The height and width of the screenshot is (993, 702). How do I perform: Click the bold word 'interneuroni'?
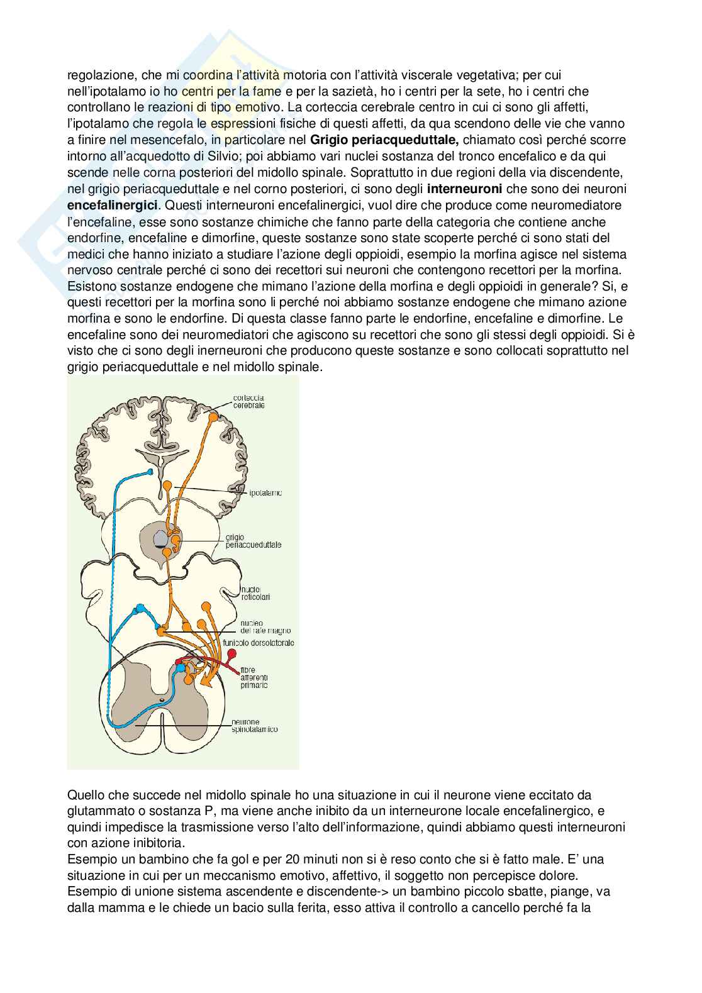(x=464, y=189)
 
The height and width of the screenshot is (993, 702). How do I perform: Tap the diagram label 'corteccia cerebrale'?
(x=248, y=401)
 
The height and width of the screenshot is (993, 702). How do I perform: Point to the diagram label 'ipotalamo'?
(x=264, y=493)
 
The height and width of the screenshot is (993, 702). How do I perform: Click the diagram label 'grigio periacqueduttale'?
(x=253, y=541)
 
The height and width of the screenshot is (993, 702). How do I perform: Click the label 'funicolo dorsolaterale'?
(x=258, y=643)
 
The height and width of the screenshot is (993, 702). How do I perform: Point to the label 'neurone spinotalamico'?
(x=254, y=726)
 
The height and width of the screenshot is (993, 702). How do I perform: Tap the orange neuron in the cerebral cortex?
(x=213, y=416)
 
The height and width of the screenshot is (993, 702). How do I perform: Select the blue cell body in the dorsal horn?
(x=182, y=668)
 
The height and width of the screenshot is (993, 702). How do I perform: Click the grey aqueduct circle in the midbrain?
(x=161, y=538)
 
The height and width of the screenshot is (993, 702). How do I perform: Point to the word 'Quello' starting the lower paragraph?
(x=84, y=795)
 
